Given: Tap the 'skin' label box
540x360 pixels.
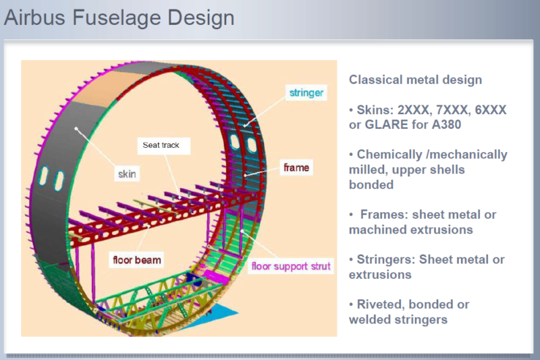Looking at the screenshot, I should pos(126,174).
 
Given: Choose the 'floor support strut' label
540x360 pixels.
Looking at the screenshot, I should pos(291,266).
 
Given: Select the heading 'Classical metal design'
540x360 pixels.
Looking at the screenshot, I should pos(415,80).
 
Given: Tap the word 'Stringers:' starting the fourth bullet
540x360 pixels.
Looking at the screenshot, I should pos(387,259).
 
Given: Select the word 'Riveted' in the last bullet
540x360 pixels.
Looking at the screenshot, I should pos(381,304).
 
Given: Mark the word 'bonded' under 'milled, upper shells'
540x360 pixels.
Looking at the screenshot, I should pos(371,184).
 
